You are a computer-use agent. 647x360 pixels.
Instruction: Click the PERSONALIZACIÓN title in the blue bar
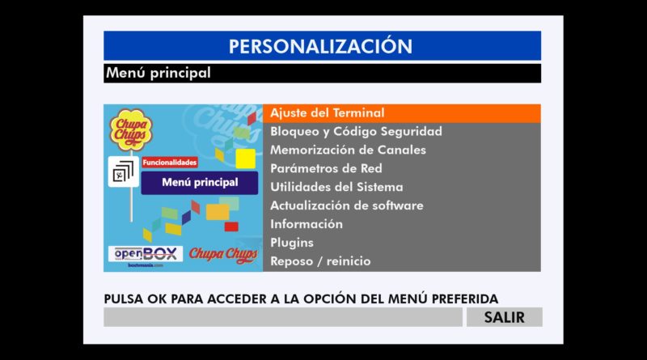pos(320,46)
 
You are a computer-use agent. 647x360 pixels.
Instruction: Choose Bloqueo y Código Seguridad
pos(356,131)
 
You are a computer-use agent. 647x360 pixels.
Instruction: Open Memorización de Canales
pos(348,150)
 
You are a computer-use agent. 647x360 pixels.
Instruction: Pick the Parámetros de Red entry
pos(326,168)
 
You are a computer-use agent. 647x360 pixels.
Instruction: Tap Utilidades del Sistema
pos(336,187)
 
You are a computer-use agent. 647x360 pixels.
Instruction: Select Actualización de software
pos(347,205)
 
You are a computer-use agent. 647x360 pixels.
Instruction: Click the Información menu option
pos(307,224)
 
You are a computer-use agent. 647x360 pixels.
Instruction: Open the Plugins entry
pos(292,243)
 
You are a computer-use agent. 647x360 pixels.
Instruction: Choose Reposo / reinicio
pos(320,261)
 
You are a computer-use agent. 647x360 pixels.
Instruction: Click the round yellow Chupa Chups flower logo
pos(131,129)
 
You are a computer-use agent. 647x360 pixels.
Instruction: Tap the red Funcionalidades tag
pos(170,163)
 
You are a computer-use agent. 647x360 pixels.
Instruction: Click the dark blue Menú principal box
pos(200,183)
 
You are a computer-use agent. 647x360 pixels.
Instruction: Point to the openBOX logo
pos(146,253)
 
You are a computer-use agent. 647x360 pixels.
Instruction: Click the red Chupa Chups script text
pos(223,254)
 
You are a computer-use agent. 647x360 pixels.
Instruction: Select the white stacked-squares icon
pos(124,172)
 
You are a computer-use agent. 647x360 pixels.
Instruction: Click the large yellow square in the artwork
pos(246,159)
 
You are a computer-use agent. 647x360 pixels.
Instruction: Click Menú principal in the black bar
pos(159,73)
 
